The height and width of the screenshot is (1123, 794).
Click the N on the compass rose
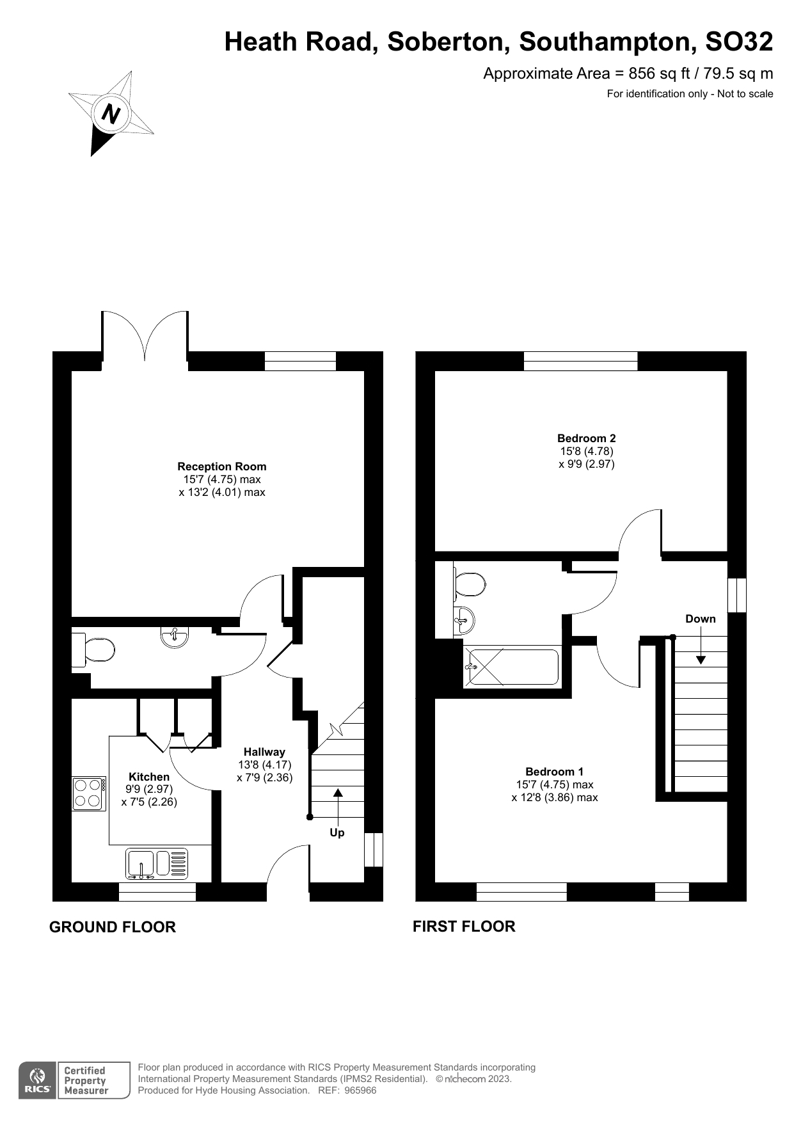[x=111, y=115]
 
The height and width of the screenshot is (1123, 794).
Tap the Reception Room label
[x=222, y=466]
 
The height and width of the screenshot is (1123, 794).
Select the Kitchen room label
[x=149, y=777]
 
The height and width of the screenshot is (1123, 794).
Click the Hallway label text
[x=264, y=752]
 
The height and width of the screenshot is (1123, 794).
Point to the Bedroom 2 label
[x=587, y=438]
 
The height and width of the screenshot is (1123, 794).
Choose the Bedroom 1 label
[x=555, y=772]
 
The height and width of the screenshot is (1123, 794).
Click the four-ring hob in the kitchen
[x=90, y=793]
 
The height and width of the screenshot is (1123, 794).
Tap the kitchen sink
[x=157, y=863]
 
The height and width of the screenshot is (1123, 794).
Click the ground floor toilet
[x=93, y=650]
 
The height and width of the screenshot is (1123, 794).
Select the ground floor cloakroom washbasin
[x=174, y=637]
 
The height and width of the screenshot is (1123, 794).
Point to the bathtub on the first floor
[x=512, y=667]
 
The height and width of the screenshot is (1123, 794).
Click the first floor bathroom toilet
[x=470, y=584]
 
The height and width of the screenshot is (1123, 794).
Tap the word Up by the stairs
[x=337, y=832]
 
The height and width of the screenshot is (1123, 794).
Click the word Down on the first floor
[x=701, y=619]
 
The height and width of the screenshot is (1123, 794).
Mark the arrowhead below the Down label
[x=701, y=660]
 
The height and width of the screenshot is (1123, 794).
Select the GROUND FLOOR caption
[x=113, y=927]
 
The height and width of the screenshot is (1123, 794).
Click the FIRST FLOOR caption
[x=464, y=927]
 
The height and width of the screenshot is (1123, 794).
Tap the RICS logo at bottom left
[x=38, y=1080]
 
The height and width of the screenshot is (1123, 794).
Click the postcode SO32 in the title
[x=739, y=42]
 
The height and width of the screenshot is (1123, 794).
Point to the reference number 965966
[x=360, y=1090]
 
